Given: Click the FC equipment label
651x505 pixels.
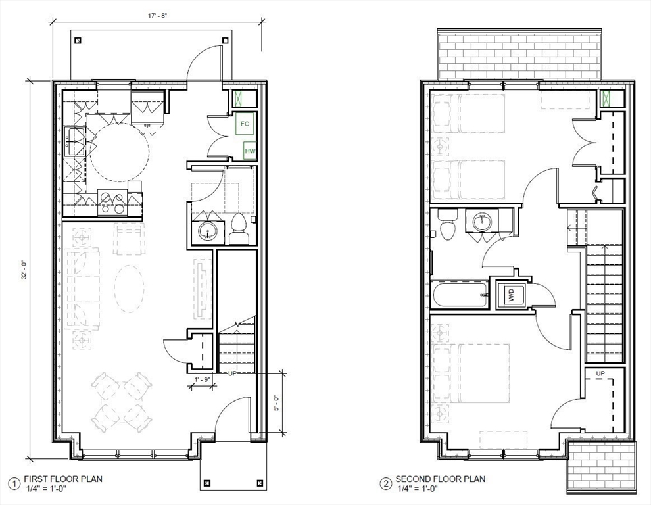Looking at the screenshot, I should coord(245,124).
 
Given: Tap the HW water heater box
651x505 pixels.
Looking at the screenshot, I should coord(249,151).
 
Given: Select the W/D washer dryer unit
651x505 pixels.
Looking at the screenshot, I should coord(511,295).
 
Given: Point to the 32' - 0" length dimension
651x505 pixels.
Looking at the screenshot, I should coord(24,270).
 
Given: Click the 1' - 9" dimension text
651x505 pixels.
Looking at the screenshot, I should coord(203,380).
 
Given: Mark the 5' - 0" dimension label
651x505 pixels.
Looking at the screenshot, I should coord(277,402).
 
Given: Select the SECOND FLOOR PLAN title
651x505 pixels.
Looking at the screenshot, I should coord(440,479).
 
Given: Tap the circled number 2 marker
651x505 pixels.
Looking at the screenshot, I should coord(386,484).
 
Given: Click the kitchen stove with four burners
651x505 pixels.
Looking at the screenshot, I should coord(112,203).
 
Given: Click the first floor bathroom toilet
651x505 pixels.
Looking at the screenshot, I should coord(238,230).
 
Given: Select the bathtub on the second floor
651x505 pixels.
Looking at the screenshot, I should coord(459,295).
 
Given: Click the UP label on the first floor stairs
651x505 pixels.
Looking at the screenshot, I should coord(232,373).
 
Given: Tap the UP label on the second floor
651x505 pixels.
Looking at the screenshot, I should coord(600,373).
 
